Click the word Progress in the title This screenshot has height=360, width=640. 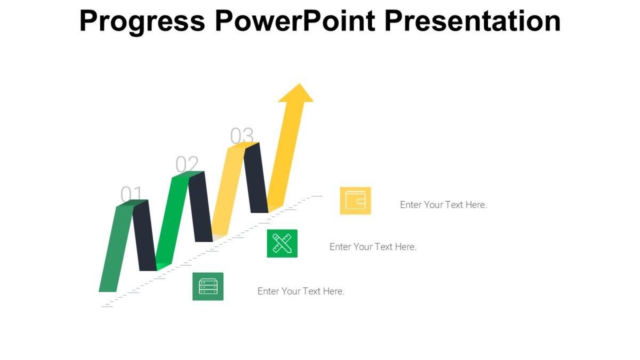142,21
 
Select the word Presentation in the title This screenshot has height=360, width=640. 472,21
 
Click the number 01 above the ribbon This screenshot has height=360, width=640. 132,195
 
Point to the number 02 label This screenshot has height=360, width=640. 187,165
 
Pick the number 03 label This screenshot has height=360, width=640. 242,136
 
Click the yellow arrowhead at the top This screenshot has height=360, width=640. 295,93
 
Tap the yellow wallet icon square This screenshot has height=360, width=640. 355,201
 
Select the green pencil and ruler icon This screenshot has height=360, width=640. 282,243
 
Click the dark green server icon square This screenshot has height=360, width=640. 208,286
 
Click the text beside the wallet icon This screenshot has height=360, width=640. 443,205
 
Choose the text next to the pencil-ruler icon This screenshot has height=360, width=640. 373,247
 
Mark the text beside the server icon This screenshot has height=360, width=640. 301,291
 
